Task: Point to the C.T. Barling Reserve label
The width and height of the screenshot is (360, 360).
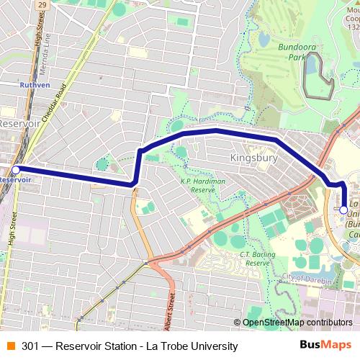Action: [261, 258]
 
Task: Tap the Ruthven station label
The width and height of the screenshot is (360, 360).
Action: [35, 84]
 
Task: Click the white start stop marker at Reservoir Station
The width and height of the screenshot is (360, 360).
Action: [16, 170]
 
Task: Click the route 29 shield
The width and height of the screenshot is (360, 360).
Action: [42, 4]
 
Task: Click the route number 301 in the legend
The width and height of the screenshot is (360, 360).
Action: [30, 346]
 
